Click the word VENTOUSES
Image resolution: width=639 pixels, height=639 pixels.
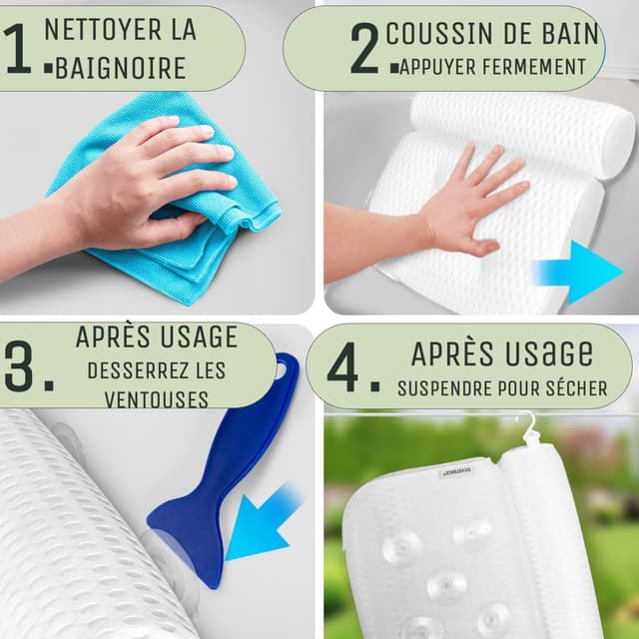pyautogui.click(x=156, y=399)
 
